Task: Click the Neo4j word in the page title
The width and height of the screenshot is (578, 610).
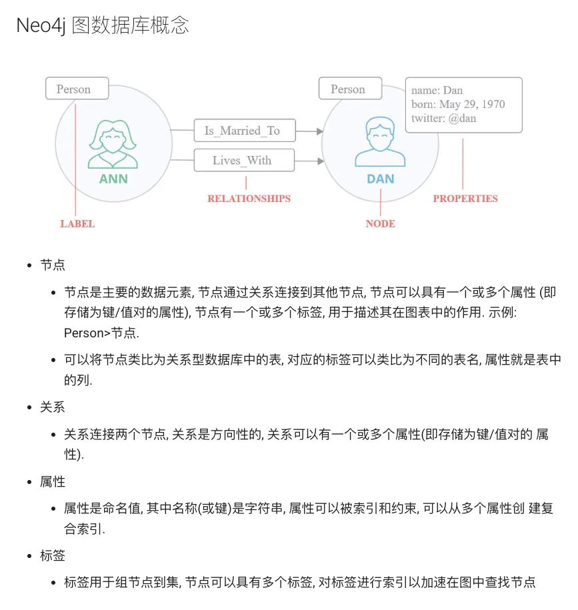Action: (x=41, y=25)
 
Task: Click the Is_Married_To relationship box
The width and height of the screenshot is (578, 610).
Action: (x=242, y=131)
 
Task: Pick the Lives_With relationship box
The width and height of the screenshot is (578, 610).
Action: (x=242, y=160)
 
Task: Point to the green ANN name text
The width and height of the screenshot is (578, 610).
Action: (x=113, y=179)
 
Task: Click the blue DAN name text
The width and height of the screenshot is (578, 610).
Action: (x=380, y=179)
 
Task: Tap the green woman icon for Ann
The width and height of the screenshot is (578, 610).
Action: (x=113, y=143)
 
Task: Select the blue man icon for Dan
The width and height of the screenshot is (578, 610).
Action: (x=380, y=142)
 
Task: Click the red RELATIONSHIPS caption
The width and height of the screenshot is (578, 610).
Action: (x=249, y=199)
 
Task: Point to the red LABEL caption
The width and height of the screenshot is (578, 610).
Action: (x=77, y=224)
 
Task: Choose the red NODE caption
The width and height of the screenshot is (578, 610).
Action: (x=380, y=224)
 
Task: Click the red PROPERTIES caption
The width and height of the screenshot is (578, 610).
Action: (x=465, y=199)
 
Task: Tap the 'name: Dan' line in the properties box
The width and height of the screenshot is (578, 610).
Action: (x=437, y=91)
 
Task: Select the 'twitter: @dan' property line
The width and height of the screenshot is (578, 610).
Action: (x=443, y=119)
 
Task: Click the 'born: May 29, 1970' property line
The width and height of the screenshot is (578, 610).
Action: (x=457, y=105)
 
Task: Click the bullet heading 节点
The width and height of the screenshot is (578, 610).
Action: (x=53, y=265)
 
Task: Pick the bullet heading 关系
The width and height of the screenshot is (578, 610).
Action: (x=53, y=407)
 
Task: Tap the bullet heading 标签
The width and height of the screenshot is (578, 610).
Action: (x=53, y=555)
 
